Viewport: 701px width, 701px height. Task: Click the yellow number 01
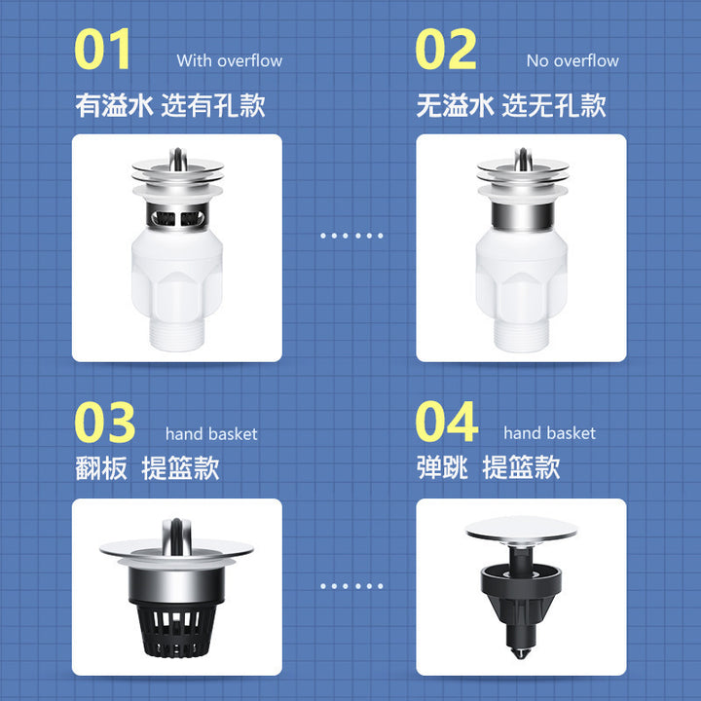click(x=102, y=49)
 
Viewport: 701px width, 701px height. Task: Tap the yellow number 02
click(x=446, y=49)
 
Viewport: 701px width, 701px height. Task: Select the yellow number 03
click(x=104, y=422)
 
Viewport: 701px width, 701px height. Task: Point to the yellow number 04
click(x=447, y=422)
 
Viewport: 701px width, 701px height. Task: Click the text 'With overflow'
click(x=230, y=60)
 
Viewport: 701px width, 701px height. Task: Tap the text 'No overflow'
click(x=572, y=60)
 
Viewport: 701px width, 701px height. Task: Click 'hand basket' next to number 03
click(x=211, y=434)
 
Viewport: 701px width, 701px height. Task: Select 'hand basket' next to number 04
click(x=549, y=433)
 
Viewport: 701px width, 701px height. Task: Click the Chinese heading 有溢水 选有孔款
click(x=169, y=105)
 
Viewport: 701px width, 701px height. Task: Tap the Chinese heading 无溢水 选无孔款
click(x=511, y=105)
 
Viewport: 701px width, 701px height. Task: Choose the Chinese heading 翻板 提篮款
click(x=147, y=468)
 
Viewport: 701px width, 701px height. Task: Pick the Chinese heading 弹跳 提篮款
click(x=488, y=467)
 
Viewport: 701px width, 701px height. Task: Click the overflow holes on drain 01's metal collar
click(x=177, y=218)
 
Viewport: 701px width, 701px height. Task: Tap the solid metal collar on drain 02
click(x=522, y=216)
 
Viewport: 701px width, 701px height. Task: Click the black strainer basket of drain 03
click(x=177, y=631)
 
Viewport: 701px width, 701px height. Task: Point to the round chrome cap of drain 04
click(x=521, y=531)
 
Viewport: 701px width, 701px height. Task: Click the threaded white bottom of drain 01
click(x=177, y=334)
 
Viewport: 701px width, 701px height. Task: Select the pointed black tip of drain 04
click(x=521, y=652)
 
